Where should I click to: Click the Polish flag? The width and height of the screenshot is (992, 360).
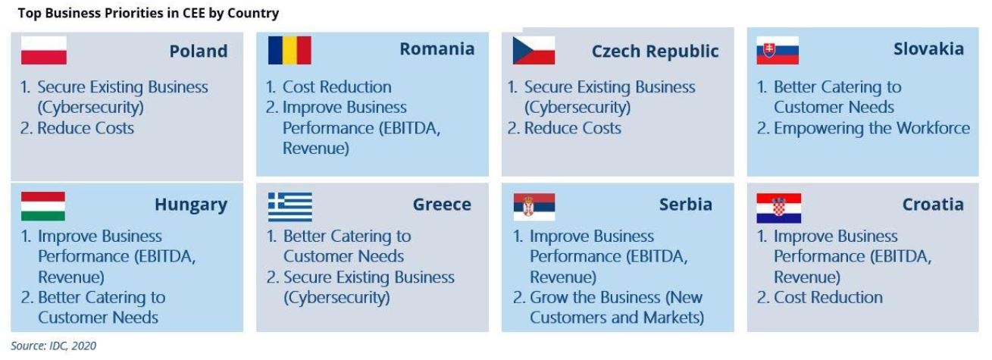[43, 51]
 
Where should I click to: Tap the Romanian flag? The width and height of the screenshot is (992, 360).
[289, 51]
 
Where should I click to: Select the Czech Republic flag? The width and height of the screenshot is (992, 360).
[534, 51]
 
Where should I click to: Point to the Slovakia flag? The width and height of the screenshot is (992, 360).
[778, 51]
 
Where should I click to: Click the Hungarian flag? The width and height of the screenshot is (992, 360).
[43, 206]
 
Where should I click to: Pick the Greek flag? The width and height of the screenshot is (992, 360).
[290, 207]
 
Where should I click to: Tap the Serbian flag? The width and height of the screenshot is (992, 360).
[534, 207]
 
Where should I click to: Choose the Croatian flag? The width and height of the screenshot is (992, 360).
[778, 208]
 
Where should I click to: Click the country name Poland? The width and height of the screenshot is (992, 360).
[199, 51]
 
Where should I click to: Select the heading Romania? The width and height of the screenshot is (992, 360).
[437, 49]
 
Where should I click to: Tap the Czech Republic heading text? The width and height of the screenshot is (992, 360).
[655, 52]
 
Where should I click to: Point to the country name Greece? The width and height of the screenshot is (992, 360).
[442, 204]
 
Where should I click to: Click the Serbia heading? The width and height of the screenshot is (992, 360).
[686, 204]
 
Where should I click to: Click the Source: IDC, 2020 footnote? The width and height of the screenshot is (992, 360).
[53, 346]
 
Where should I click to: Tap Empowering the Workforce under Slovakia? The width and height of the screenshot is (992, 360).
[872, 128]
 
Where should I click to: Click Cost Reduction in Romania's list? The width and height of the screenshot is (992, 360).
[337, 87]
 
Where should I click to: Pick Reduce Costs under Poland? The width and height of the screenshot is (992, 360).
[86, 128]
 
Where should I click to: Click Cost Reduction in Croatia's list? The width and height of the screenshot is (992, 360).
[828, 297]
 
